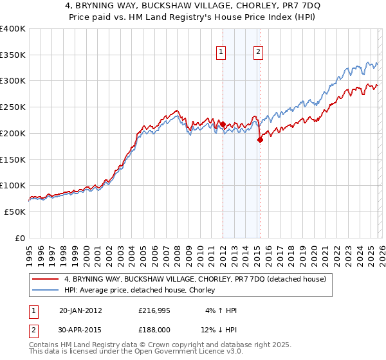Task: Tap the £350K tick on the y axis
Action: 13,55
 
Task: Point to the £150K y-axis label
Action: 13,159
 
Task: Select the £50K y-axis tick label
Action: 15,212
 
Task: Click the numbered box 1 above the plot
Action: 221,52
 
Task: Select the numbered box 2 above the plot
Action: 258,52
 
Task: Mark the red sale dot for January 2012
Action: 223,124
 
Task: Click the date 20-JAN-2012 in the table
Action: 80,310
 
